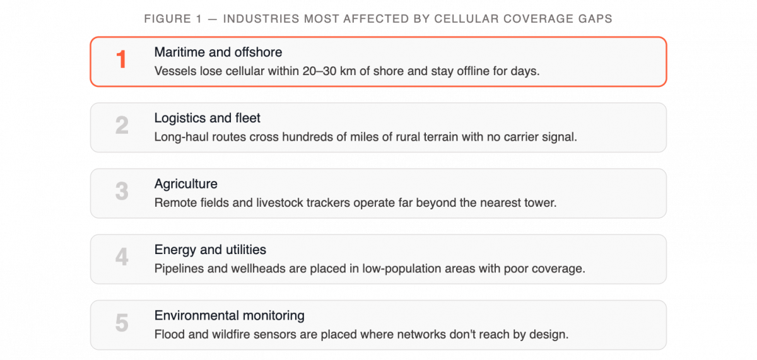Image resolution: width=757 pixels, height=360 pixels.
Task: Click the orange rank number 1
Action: [121, 59]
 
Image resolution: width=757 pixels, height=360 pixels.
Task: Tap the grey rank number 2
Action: [122, 125]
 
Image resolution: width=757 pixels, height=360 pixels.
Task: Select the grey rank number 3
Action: [122, 191]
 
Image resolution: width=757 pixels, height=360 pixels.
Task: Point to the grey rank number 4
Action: [122, 257]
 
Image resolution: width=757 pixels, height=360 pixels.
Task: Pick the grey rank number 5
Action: [122, 323]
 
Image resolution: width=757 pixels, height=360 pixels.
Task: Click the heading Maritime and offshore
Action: [218, 52]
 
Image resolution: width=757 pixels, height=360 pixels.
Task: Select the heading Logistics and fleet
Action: [207, 118]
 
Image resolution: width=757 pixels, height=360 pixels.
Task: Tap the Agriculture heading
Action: [186, 184]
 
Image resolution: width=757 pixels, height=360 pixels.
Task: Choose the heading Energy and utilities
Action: [210, 250]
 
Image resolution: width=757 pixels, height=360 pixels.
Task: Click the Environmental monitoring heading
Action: [230, 316]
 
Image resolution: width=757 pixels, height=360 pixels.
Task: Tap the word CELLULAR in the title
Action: [466, 18]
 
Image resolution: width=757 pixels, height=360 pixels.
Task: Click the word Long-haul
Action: [175, 137]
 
